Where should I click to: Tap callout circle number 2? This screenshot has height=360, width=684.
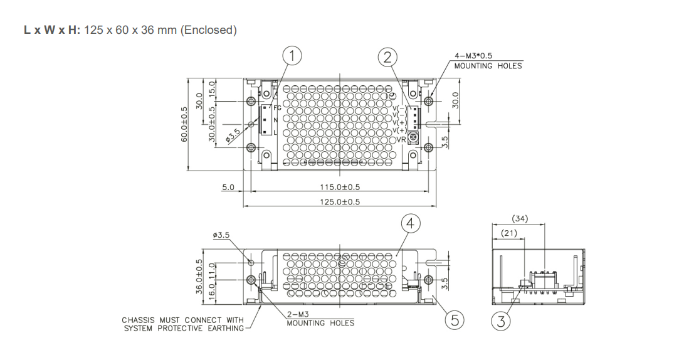pos(388,57)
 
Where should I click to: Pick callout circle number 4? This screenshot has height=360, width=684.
pos(411,223)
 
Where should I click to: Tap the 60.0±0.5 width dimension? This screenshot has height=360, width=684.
pos(184,124)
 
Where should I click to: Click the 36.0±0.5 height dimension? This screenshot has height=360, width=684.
pos(199,277)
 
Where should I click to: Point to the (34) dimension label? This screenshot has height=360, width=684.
pos(519,219)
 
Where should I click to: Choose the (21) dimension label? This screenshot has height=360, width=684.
pos(508,233)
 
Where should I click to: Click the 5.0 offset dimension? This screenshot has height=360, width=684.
pos(228,187)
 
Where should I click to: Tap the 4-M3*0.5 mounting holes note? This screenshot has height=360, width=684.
pos(488,61)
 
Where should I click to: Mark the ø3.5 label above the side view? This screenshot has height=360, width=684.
pos(222,235)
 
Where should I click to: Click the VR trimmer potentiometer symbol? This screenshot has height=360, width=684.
pos(414,137)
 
